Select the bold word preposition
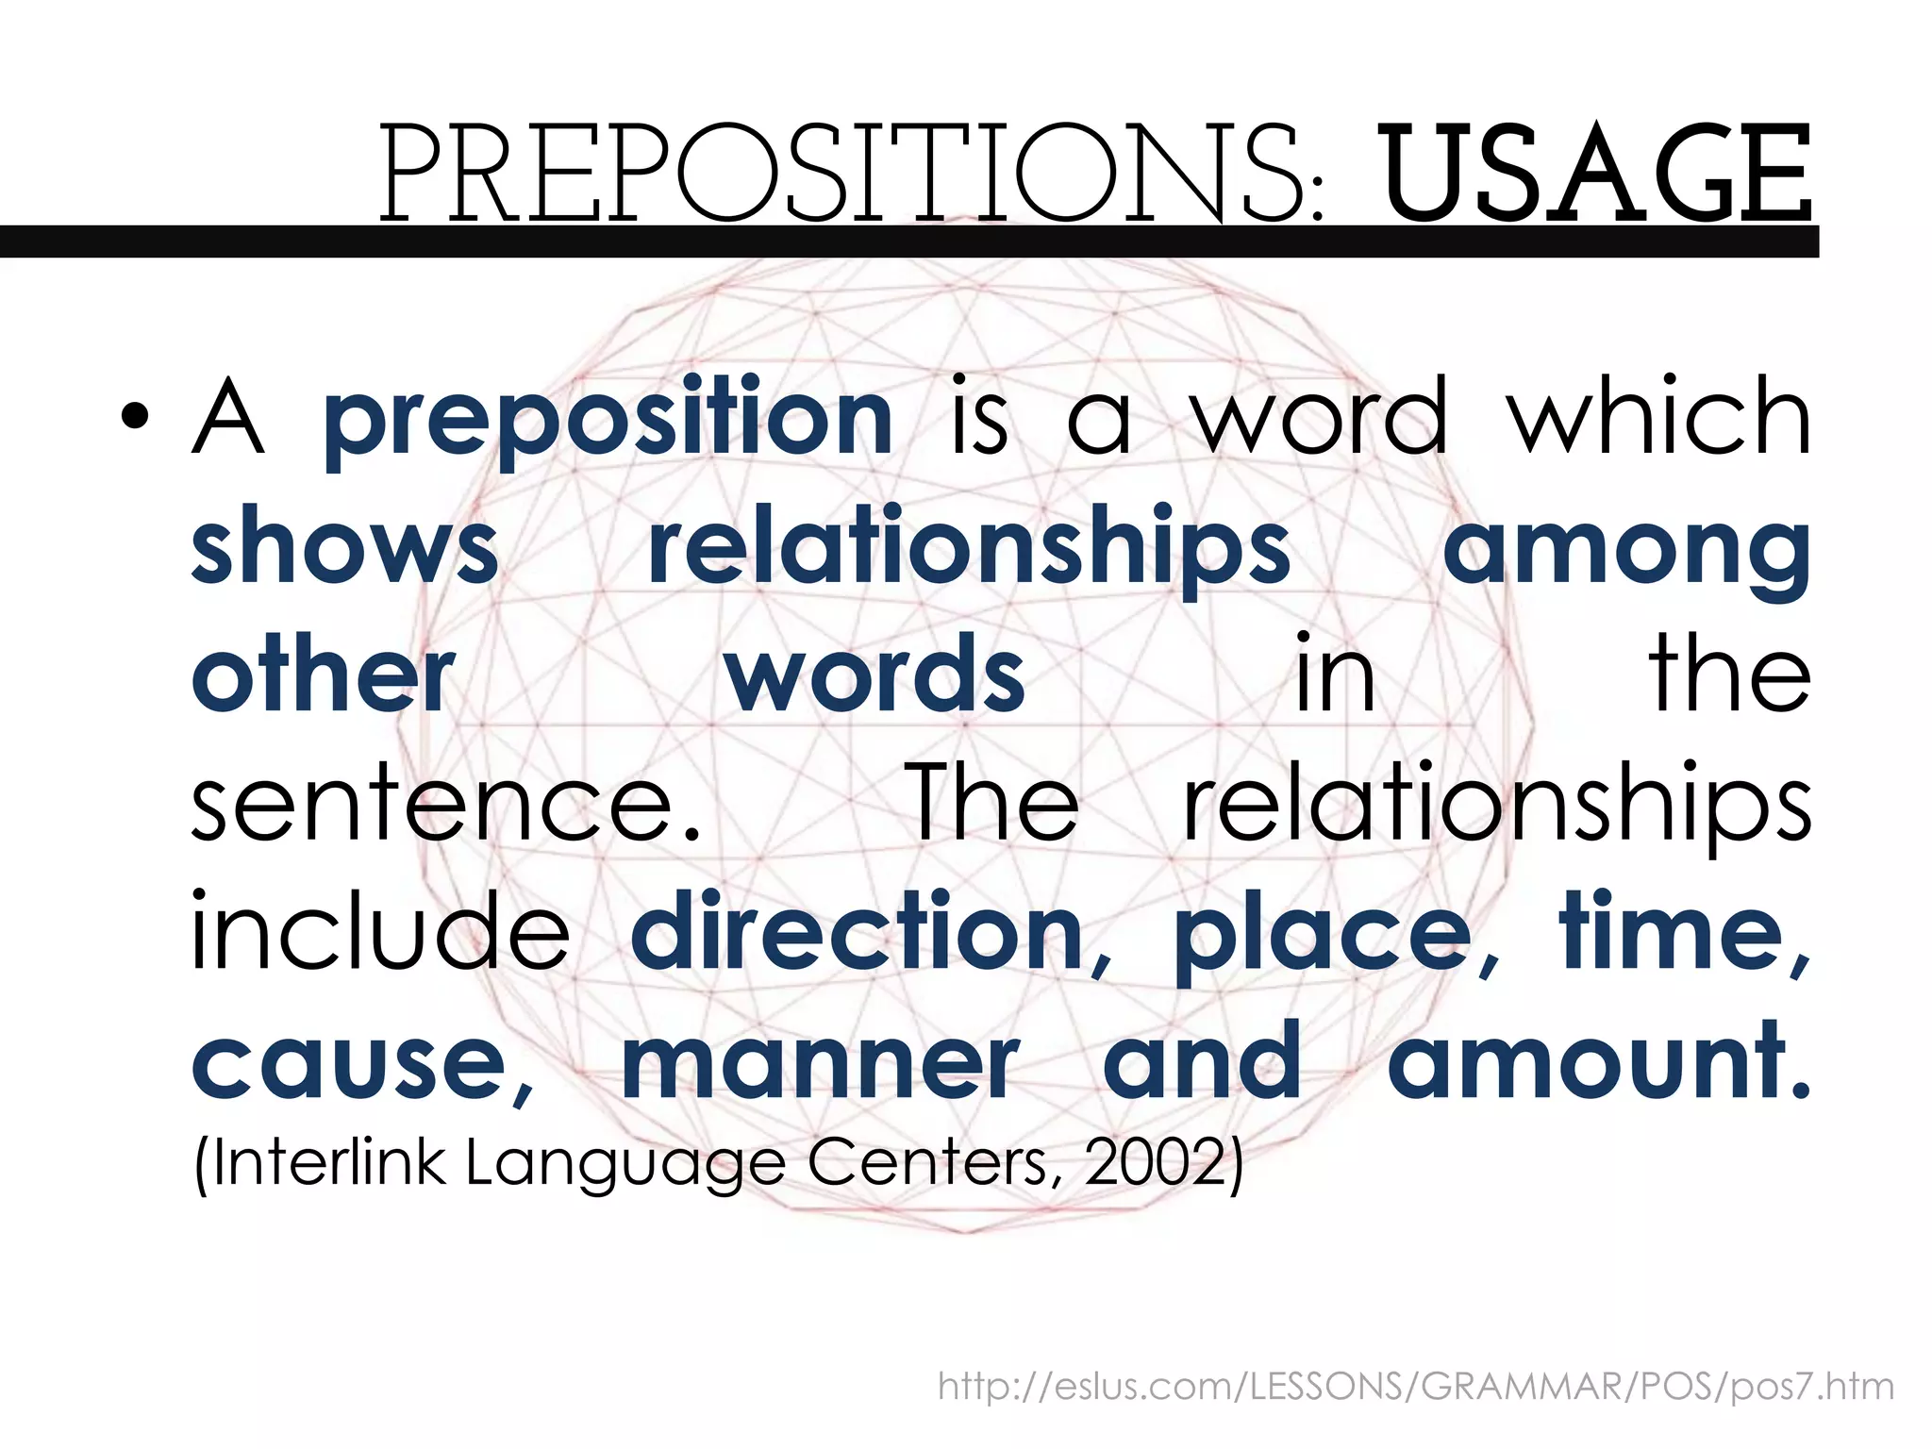pos(608,420)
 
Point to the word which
pos(1658,416)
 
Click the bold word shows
pos(344,547)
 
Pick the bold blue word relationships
pos(969,550)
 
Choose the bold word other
pos(324,675)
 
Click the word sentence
pos(446,804)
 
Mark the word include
pos(380,932)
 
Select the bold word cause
pos(350,1064)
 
